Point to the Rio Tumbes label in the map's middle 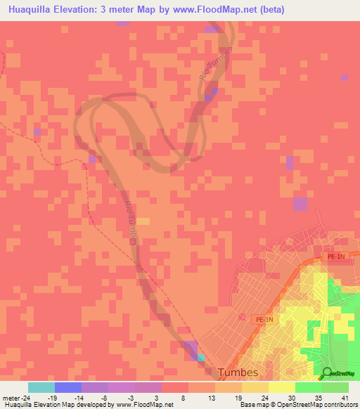(131, 223)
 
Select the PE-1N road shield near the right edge (337, 258)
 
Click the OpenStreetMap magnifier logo (326, 373)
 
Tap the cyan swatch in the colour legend (41, 387)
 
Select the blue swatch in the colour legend (68, 387)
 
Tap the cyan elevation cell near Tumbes (202, 357)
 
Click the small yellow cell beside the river (143, 221)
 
